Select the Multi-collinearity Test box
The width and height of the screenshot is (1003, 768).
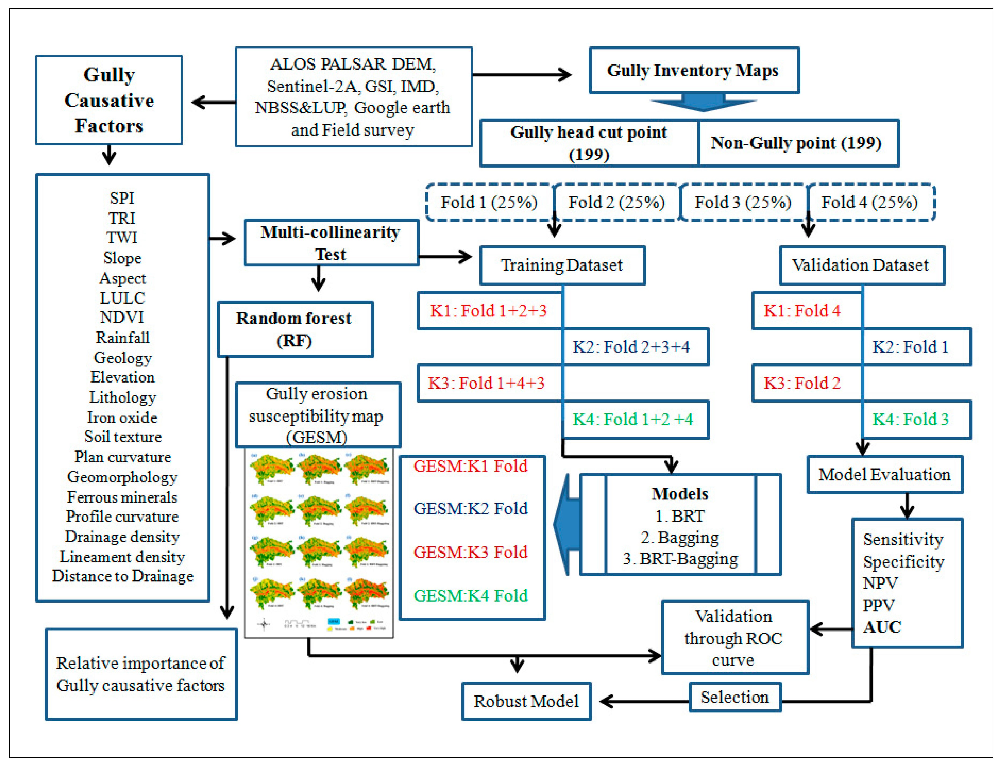click(331, 243)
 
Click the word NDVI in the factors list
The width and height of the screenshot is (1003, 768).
click(122, 317)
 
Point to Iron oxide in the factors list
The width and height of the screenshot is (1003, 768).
click(122, 417)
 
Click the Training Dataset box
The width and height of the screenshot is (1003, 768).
click(562, 265)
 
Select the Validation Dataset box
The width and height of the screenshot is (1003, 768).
click(861, 265)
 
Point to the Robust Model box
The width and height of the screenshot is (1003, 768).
click(526, 701)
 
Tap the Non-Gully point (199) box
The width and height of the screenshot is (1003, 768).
click(797, 143)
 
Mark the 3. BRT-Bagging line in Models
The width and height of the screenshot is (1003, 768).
click(680, 559)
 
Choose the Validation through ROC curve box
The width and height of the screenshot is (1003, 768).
click(734, 638)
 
